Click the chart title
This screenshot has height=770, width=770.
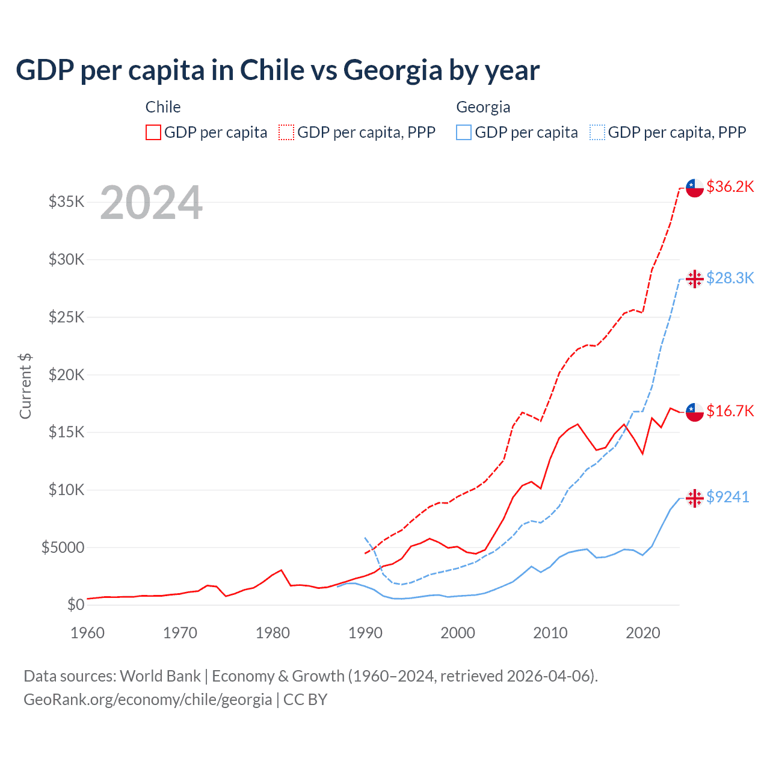coord(277,70)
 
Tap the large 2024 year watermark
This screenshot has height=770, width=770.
coord(151,203)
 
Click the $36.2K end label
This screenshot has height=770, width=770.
coord(730,186)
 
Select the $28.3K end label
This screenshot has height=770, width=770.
coord(730,278)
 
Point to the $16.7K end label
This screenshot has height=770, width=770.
coord(730,411)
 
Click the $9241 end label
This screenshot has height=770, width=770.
coord(727,497)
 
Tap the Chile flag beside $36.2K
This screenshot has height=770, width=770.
coord(695,188)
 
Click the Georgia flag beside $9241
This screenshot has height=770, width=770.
coord(695,498)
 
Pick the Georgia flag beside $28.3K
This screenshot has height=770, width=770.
coord(695,279)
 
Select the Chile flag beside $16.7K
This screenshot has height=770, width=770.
coord(695,412)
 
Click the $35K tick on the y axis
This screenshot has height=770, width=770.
coord(67,202)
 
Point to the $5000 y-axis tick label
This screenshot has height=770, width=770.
coord(63,547)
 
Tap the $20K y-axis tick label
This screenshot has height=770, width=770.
coord(67,375)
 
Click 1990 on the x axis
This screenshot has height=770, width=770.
coord(365,633)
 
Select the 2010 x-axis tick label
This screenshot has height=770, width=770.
coord(550,633)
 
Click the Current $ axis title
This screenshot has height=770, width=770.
coord(25,386)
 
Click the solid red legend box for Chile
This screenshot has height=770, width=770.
coord(153,132)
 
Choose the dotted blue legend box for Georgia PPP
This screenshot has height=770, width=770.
coord(597,132)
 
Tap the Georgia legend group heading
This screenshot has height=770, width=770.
coord(483,107)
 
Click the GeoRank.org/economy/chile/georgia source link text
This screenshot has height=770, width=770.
coord(148,700)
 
